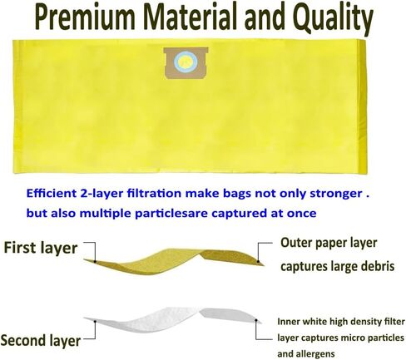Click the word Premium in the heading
point(86,17)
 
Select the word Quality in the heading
point(333,19)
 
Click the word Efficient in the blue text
point(51,193)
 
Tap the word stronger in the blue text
point(335,194)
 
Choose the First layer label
point(41,248)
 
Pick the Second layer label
point(41,340)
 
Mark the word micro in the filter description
point(356,338)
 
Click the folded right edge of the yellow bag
point(363,107)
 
